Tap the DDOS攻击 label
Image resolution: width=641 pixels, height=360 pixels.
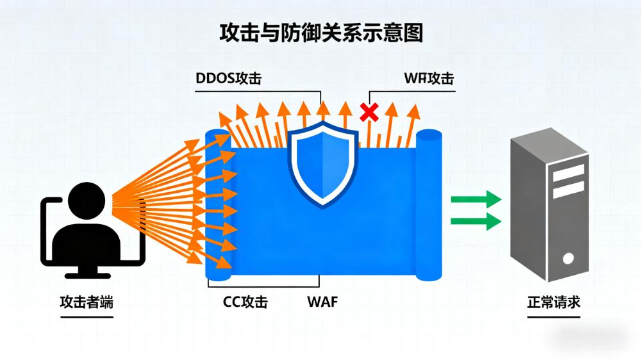point(228,79)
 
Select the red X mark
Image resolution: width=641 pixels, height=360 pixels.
point(369,113)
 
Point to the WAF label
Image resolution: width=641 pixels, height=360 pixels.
point(322,301)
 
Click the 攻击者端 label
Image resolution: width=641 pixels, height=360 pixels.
point(87,302)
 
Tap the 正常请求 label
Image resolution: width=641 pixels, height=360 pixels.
point(554,301)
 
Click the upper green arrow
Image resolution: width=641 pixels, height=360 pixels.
point(475,199)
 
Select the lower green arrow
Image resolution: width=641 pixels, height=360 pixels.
point(475,222)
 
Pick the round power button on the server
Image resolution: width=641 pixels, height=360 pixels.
point(568,259)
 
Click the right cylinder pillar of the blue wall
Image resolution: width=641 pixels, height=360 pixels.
point(429,205)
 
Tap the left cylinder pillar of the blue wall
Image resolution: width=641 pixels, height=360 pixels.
point(218,205)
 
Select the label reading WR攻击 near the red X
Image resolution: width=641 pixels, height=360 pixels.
point(429,79)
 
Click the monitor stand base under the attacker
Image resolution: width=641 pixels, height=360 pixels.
point(88,274)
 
